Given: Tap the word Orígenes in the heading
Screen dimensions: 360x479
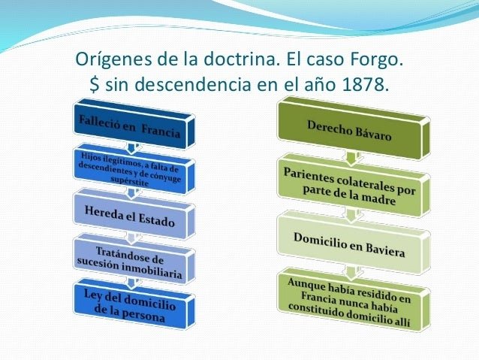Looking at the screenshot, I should click(x=110, y=58).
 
